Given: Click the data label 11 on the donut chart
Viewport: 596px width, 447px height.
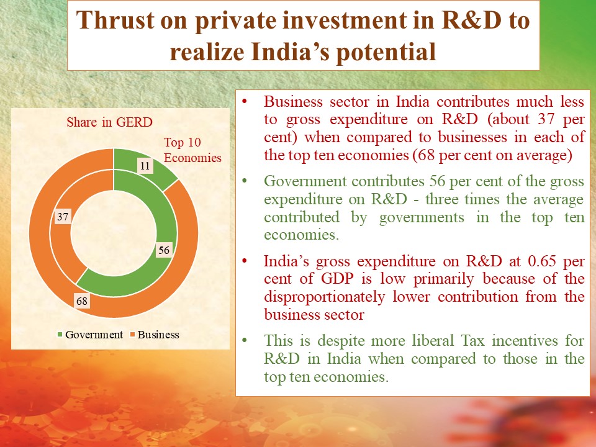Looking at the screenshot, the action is (x=145, y=166).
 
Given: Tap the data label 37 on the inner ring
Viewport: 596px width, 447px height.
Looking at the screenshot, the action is (x=63, y=217).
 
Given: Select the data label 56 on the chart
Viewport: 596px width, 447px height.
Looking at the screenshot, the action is (x=164, y=250).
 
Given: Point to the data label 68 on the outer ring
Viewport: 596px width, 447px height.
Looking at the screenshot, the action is (x=82, y=301).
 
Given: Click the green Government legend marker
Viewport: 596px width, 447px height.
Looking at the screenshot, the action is (x=60, y=335).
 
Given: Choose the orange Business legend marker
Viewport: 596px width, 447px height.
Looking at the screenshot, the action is (x=132, y=335).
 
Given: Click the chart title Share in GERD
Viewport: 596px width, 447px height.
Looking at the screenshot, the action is (x=109, y=122).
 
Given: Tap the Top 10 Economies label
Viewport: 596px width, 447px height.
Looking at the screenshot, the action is (x=192, y=150).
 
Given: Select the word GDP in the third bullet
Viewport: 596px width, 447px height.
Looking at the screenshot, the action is (x=337, y=279).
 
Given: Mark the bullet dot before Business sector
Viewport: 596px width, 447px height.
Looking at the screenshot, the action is (x=245, y=101).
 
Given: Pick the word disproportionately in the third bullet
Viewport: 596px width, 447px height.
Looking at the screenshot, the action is (x=325, y=297).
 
